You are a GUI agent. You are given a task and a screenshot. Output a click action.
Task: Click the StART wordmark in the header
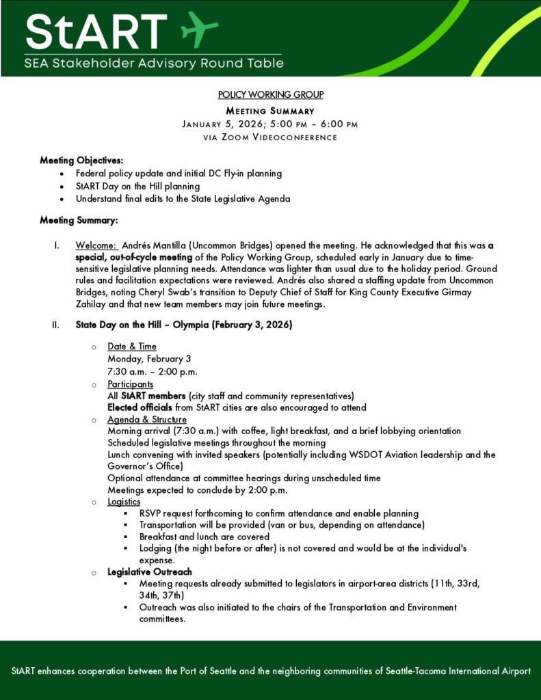point(96,31)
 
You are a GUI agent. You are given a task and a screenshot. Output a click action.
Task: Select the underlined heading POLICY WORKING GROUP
point(270,94)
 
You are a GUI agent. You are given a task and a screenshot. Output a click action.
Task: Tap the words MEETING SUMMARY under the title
point(270,111)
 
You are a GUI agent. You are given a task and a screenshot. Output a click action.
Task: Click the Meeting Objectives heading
point(81,160)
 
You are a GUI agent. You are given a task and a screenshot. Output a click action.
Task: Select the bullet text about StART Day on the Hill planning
point(137,186)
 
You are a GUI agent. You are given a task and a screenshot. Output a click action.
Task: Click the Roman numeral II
point(56,325)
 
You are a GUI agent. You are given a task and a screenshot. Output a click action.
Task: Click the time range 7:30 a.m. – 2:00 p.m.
point(152,371)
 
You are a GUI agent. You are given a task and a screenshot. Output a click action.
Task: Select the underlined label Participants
point(131,384)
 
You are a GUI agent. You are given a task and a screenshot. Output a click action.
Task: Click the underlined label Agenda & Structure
point(147,419)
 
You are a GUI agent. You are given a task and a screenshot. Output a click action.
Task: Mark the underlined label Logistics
point(124,502)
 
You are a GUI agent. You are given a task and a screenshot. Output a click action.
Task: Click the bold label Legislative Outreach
point(150,571)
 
